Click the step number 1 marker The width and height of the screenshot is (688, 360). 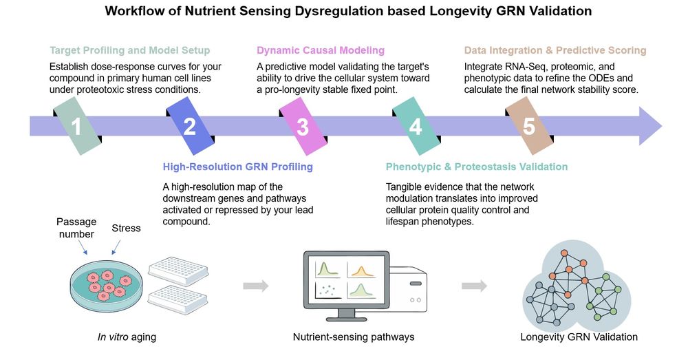[x=78, y=126]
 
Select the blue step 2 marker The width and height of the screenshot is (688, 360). [x=190, y=126]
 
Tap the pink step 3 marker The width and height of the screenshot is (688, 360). [x=303, y=126]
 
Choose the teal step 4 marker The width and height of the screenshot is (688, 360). [x=416, y=126]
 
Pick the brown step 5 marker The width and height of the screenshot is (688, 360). [x=528, y=126]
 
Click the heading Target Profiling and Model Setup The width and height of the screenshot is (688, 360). [x=129, y=50]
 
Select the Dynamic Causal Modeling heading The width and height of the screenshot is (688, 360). [x=321, y=50]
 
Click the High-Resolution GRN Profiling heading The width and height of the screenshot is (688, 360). [x=237, y=167]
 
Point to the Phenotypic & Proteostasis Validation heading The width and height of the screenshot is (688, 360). [x=476, y=167]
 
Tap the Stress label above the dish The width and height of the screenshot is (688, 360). [x=127, y=228]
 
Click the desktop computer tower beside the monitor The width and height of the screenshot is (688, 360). [x=406, y=289]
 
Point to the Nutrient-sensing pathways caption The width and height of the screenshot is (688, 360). [x=354, y=337]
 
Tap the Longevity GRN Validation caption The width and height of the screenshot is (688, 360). [x=579, y=337]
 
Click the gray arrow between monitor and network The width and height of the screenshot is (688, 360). [x=474, y=286]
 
